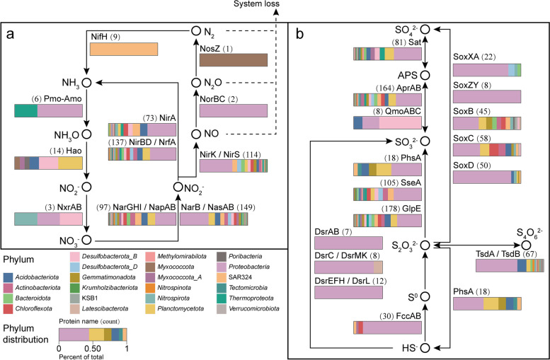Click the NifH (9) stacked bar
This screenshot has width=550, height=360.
(x=124, y=50)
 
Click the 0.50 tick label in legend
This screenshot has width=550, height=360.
(x=92, y=348)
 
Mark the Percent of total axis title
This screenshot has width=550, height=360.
(x=92, y=356)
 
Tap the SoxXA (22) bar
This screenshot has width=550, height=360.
(x=486, y=69)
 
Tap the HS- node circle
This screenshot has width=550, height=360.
(x=425, y=347)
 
